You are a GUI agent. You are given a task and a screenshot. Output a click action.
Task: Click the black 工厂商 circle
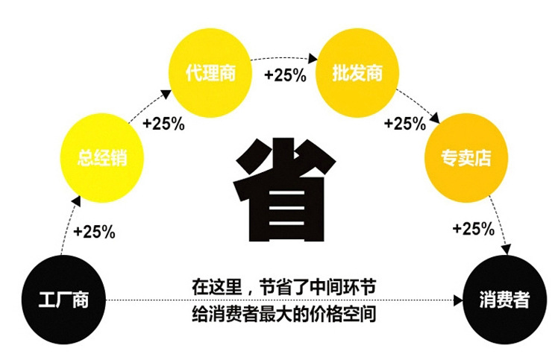click(63, 300)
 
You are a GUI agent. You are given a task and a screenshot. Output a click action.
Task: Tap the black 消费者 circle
click(504, 300)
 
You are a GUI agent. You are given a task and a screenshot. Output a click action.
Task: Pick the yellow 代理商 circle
click(210, 74)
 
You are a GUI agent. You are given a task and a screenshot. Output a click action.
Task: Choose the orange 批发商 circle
click(357, 74)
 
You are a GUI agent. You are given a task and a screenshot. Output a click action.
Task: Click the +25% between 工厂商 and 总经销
click(94, 232)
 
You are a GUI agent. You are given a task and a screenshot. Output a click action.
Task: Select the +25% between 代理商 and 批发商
click(284, 75)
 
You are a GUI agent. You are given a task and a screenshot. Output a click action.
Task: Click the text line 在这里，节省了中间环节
click(283, 286)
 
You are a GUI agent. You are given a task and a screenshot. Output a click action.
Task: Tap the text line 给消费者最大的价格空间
click(283, 314)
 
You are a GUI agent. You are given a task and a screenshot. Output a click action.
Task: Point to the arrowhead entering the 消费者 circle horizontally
click(457, 300)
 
